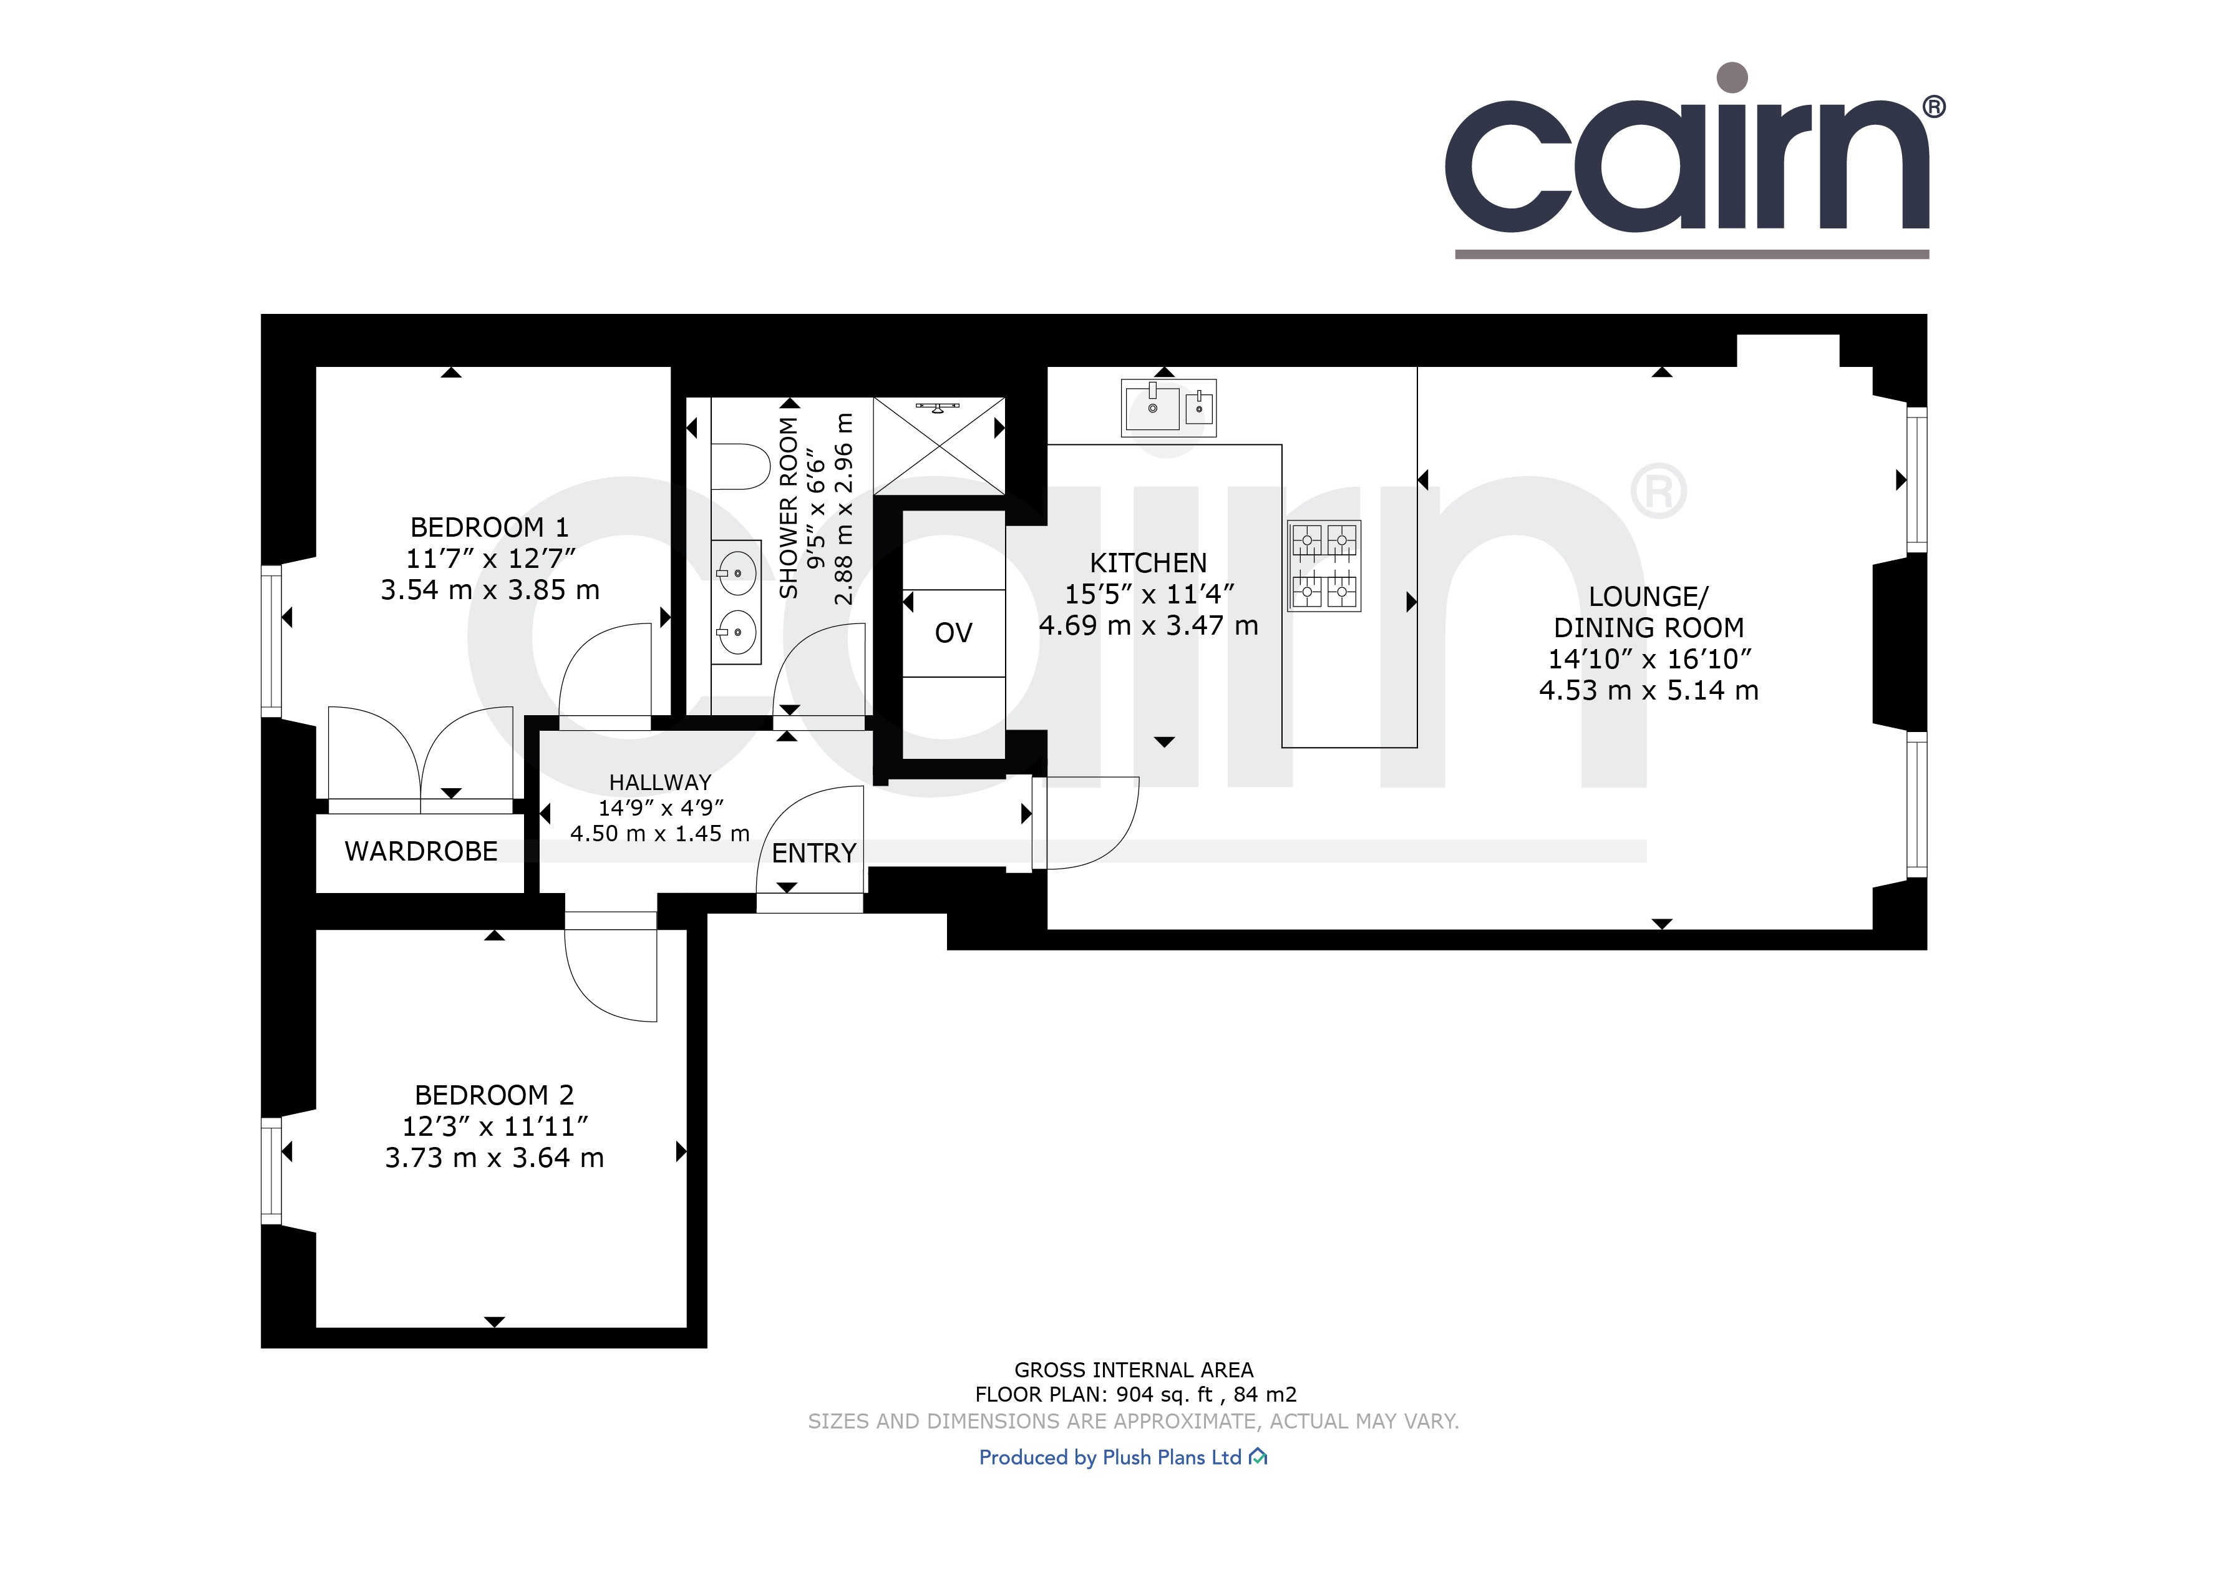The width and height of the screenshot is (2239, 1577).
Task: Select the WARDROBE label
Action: coord(420,851)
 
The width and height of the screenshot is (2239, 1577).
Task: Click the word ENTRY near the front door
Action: coord(814,853)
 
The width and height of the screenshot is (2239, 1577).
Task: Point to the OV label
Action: coord(953,633)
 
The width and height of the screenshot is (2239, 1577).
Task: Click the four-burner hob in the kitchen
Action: coord(1323,565)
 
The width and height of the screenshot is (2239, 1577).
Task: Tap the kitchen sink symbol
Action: coord(1167,408)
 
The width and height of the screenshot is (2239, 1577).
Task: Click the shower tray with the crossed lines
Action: coord(938,446)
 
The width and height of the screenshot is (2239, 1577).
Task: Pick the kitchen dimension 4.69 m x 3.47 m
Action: coord(1148,626)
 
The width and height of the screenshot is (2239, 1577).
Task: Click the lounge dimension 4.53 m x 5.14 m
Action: coord(1648,690)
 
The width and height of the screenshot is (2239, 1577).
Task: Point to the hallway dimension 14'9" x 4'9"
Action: coord(660,808)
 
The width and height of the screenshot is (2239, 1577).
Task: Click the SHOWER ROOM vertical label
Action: coord(788,507)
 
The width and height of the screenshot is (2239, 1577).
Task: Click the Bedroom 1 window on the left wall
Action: coord(272,641)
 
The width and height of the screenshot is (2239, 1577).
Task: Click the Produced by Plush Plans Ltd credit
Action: coord(1122,1457)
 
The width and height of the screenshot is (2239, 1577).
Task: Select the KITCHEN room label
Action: coord(1148,563)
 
